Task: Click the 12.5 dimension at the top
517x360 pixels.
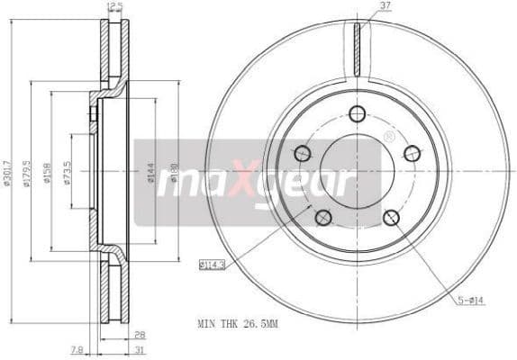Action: tap(114, 6)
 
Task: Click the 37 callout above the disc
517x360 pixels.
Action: tap(385, 5)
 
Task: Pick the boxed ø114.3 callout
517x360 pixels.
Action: tap(212, 264)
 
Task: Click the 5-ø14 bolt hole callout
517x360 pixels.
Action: tap(470, 301)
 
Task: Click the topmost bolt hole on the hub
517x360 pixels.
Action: tap(357, 113)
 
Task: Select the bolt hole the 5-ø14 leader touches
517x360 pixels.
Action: tap(391, 217)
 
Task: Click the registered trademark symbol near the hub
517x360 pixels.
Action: tap(388, 137)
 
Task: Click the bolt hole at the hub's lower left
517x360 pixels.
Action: tap(322, 216)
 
